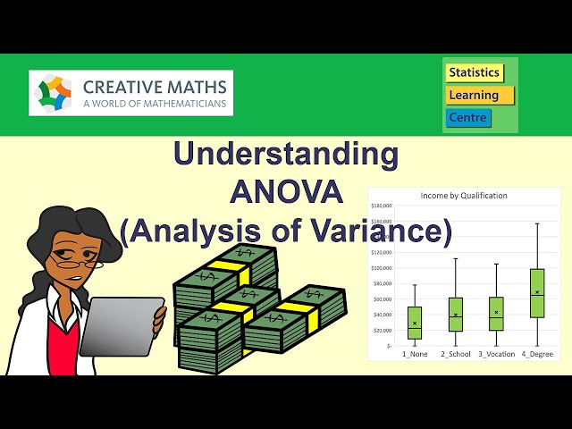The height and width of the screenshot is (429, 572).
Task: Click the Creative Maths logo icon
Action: click(x=55, y=93)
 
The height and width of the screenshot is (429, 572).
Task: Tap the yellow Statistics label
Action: click(x=474, y=72)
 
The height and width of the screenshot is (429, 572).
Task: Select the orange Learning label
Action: click(x=479, y=95)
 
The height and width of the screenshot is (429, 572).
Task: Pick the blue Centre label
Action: click(x=468, y=117)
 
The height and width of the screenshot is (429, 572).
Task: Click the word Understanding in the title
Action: click(x=286, y=154)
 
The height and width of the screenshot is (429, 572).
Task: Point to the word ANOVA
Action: click(x=286, y=192)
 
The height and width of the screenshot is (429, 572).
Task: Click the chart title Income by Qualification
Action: click(x=464, y=196)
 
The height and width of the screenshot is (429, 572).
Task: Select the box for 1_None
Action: click(x=415, y=323)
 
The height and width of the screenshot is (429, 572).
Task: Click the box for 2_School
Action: click(x=456, y=315)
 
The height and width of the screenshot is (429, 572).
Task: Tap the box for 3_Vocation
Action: click(x=496, y=314)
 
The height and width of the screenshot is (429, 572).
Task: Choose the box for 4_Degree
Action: click(x=537, y=293)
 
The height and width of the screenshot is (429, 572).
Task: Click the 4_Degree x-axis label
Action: click(x=537, y=355)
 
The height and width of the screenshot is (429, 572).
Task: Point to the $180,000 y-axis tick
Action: click(x=383, y=206)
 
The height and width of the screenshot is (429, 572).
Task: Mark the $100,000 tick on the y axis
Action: click(x=383, y=268)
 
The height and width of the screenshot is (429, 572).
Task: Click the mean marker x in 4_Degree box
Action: click(x=537, y=292)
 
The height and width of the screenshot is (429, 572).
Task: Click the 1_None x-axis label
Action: click(x=415, y=355)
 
